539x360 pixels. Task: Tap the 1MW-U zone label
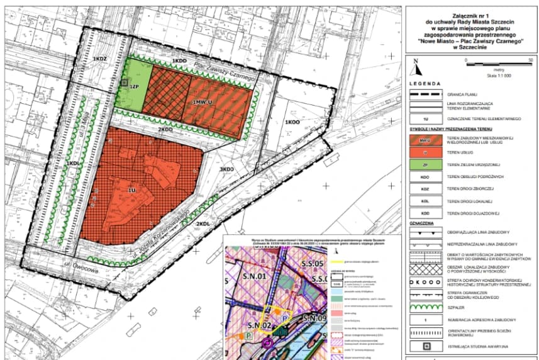click(x=203, y=101)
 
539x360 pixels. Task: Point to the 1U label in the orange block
click(x=132, y=189)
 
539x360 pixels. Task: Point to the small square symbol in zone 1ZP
click(x=125, y=82)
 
